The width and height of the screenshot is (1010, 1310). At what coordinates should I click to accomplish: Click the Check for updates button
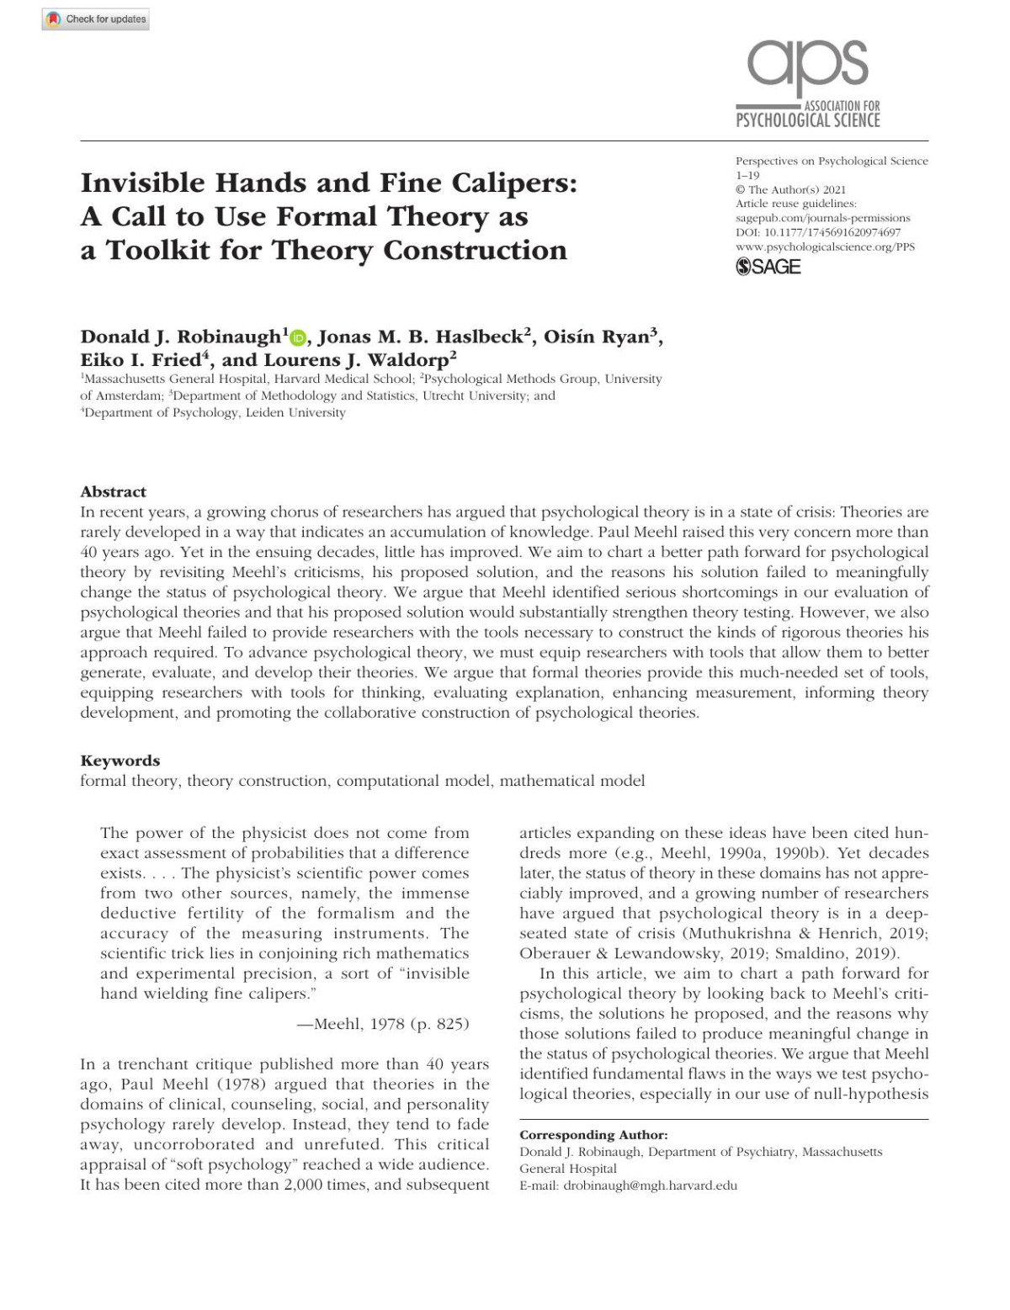click(96, 19)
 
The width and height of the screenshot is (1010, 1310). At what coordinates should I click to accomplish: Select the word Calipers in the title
click(513, 183)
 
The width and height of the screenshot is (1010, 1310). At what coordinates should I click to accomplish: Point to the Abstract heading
click(113, 492)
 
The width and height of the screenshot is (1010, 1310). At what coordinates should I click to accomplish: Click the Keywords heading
click(120, 761)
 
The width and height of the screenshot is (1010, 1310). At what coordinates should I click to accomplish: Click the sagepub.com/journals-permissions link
click(822, 218)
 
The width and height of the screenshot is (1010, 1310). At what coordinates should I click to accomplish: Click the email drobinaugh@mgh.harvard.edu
click(650, 1185)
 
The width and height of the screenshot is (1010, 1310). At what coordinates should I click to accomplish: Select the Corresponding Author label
click(593, 1135)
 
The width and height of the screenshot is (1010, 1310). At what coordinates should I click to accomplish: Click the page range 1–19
click(747, 175)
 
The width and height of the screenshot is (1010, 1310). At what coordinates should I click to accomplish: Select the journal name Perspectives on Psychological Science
click(832, 161)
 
